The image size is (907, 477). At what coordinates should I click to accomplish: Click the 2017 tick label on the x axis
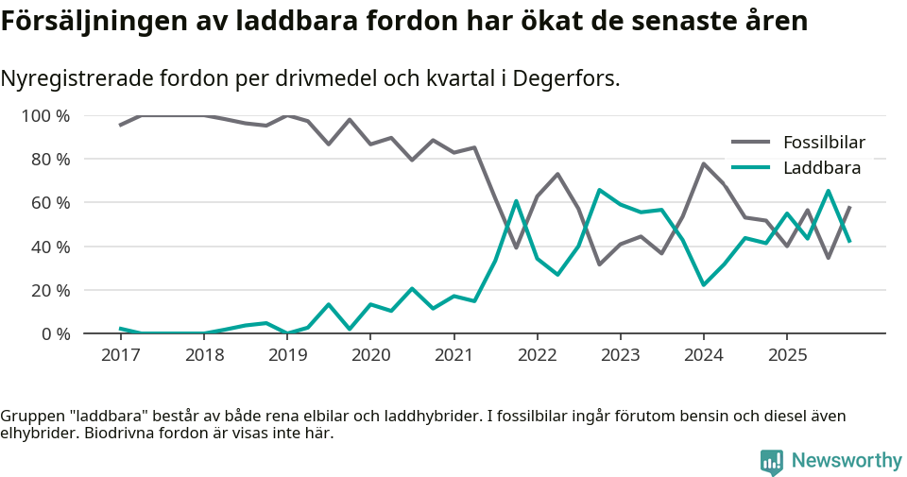tap(120, 355)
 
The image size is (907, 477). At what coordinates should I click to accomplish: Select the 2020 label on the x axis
tap(369, 355)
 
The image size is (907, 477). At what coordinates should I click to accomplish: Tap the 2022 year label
tap(537, 355)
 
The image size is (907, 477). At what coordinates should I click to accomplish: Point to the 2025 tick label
tap(786, 355)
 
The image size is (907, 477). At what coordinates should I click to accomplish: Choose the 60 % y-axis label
tap(50, 203)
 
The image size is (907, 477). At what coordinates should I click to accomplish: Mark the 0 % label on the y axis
tap(55, 333)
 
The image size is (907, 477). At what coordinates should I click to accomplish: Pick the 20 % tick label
tap(50, 290)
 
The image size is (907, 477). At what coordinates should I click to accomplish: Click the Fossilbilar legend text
tap(824, 143)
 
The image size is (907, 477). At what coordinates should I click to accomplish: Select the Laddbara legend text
tap(822, 168)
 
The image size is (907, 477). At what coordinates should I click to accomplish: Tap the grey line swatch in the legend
tap(751, 143)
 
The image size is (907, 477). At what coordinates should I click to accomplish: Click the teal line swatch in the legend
tap(751, 168)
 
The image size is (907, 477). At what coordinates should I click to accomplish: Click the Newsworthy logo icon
tap(772, 461)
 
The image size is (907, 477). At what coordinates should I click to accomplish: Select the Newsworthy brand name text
tap(847, 461)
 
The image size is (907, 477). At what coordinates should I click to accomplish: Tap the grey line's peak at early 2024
tap(704, 163)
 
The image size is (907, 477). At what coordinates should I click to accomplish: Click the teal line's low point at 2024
tap(704, 284)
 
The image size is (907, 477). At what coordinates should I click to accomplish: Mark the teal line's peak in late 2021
tap(516, 200)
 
